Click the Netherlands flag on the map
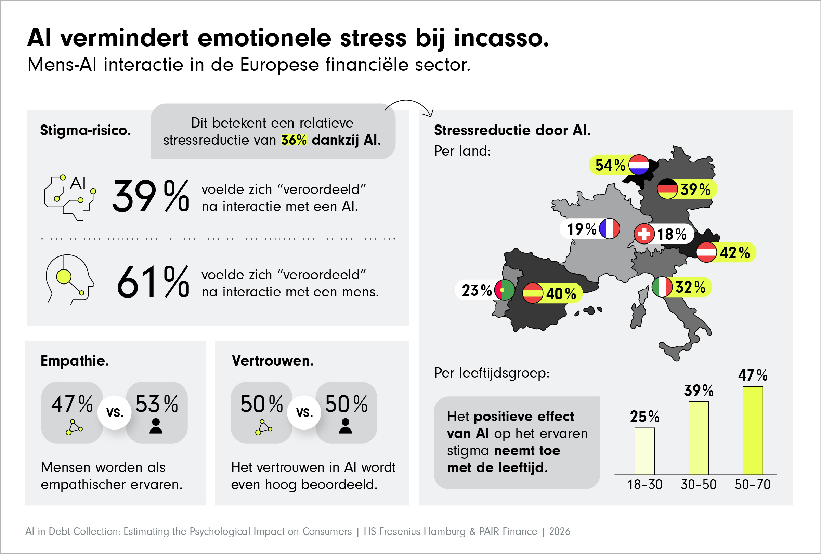click(639, 164)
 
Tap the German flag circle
click(667, 188)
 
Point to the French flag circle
click(609, 228)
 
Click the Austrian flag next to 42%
click(706, 252)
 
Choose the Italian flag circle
click(662, 287)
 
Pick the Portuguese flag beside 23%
click(505, 290)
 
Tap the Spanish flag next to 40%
click(533, 293)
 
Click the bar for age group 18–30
click(645, 451)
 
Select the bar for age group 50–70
click(753, 431)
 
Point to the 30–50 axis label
click(699, 485)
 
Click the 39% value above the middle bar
click(699, 391)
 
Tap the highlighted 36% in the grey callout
click(294, 140)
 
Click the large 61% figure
click(153, 282)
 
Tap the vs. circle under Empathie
click(115, 412)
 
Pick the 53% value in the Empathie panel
click(156, 404)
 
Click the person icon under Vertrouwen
click(346, 426)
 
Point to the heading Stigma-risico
click(86, 130)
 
